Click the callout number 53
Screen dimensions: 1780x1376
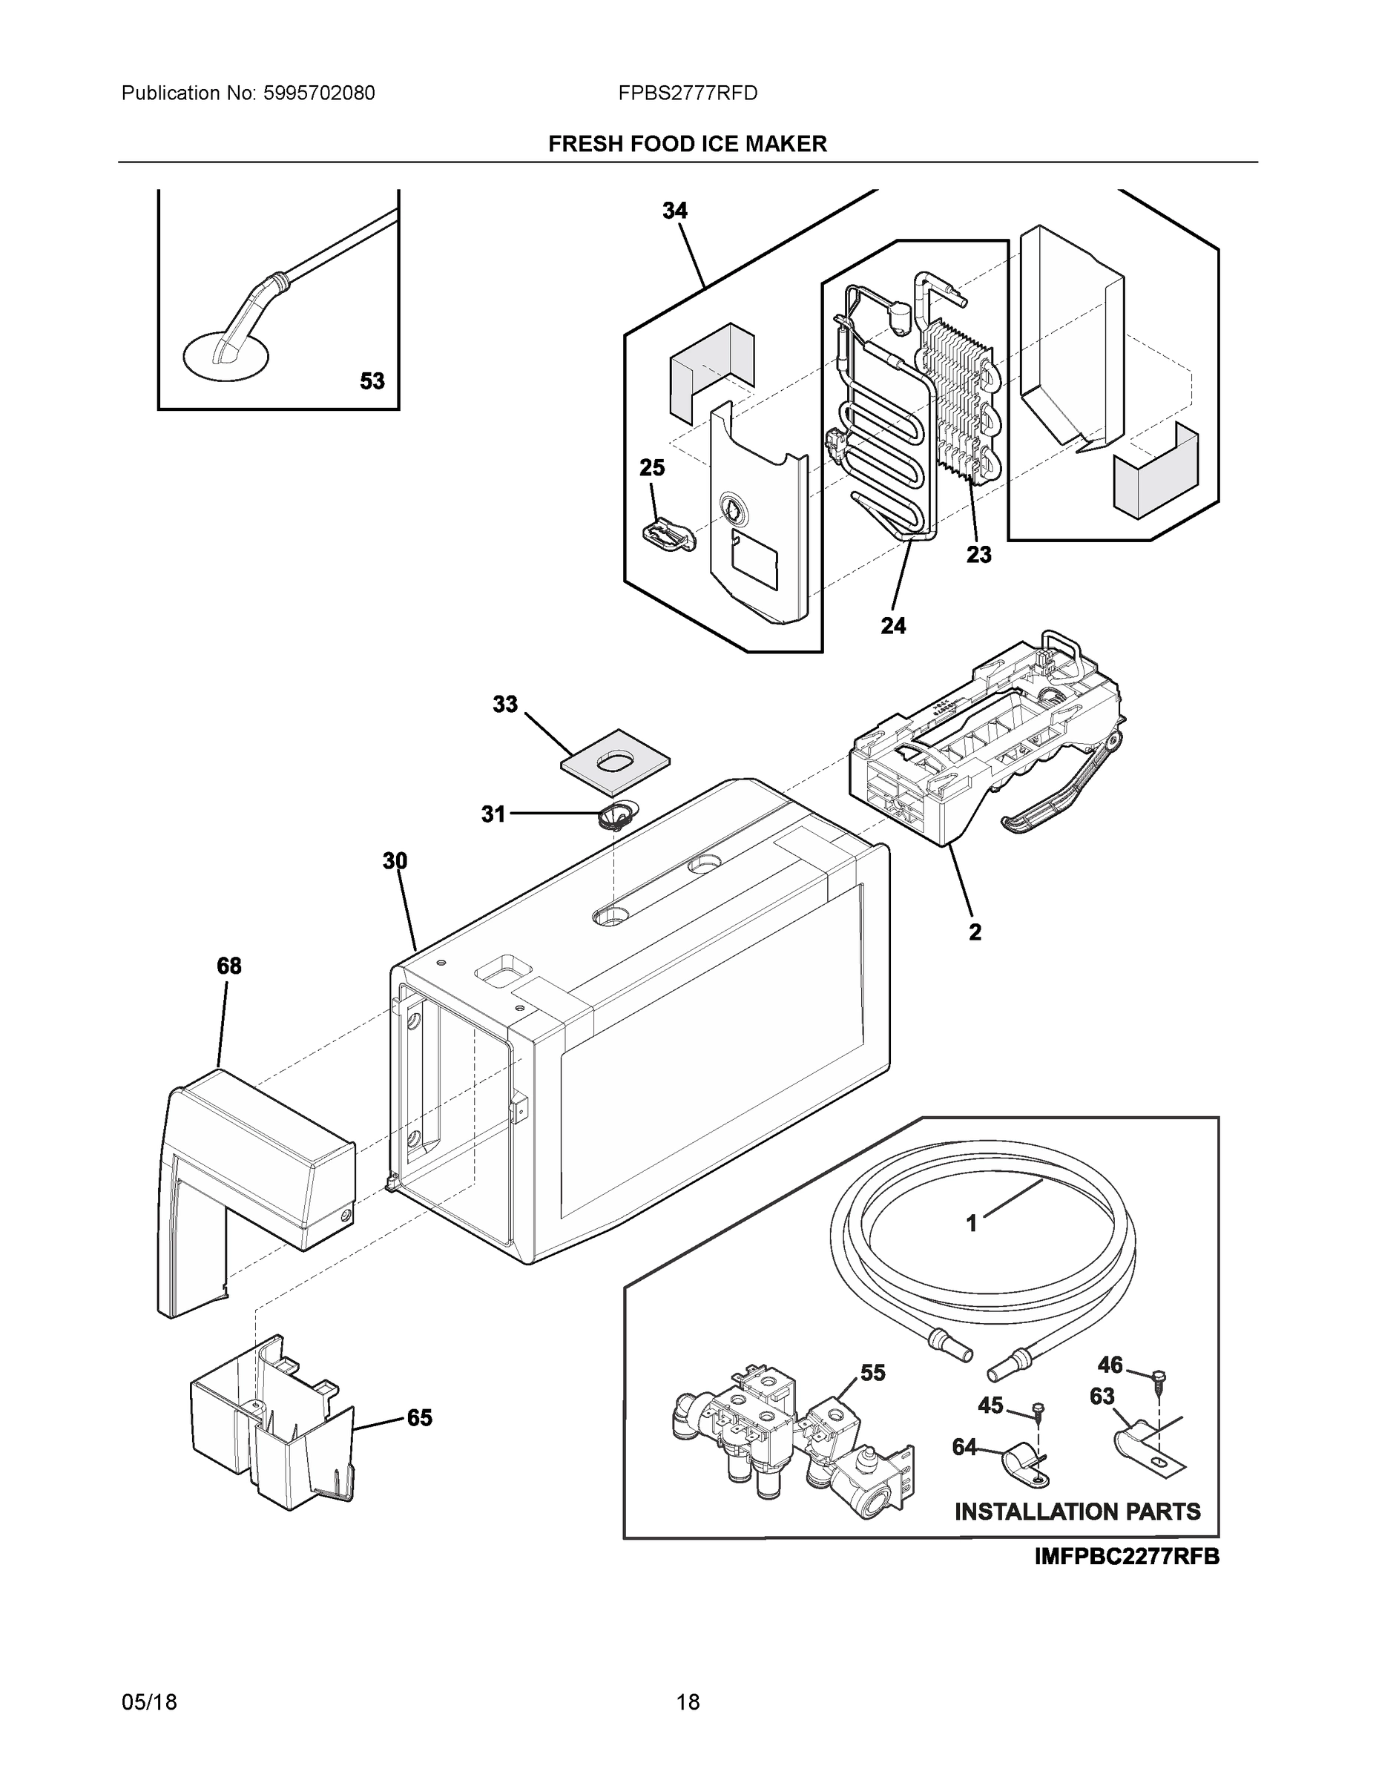click(x=372, y=380)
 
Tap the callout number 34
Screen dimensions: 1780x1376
click(x=674, y=211)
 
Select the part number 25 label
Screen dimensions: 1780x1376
click(x=651, y=468)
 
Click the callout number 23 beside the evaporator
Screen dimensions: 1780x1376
click(x=979, y=555)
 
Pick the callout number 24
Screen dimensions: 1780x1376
click(x=892, y=626)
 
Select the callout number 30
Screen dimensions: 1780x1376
click(x=395, y=860)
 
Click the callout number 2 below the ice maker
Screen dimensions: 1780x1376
click(x=975, y=932)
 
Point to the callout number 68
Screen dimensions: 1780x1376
click(x=229, y=966)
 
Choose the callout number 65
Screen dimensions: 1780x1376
click(x=420, y=1418)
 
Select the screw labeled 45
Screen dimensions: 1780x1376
click(x=1038, y=1408)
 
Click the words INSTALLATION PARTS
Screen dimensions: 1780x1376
click(x=1077, y=1512)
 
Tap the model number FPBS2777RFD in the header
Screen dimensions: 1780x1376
click(x=687, y=93)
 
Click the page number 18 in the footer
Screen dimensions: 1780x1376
click(x=687, y=1703)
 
